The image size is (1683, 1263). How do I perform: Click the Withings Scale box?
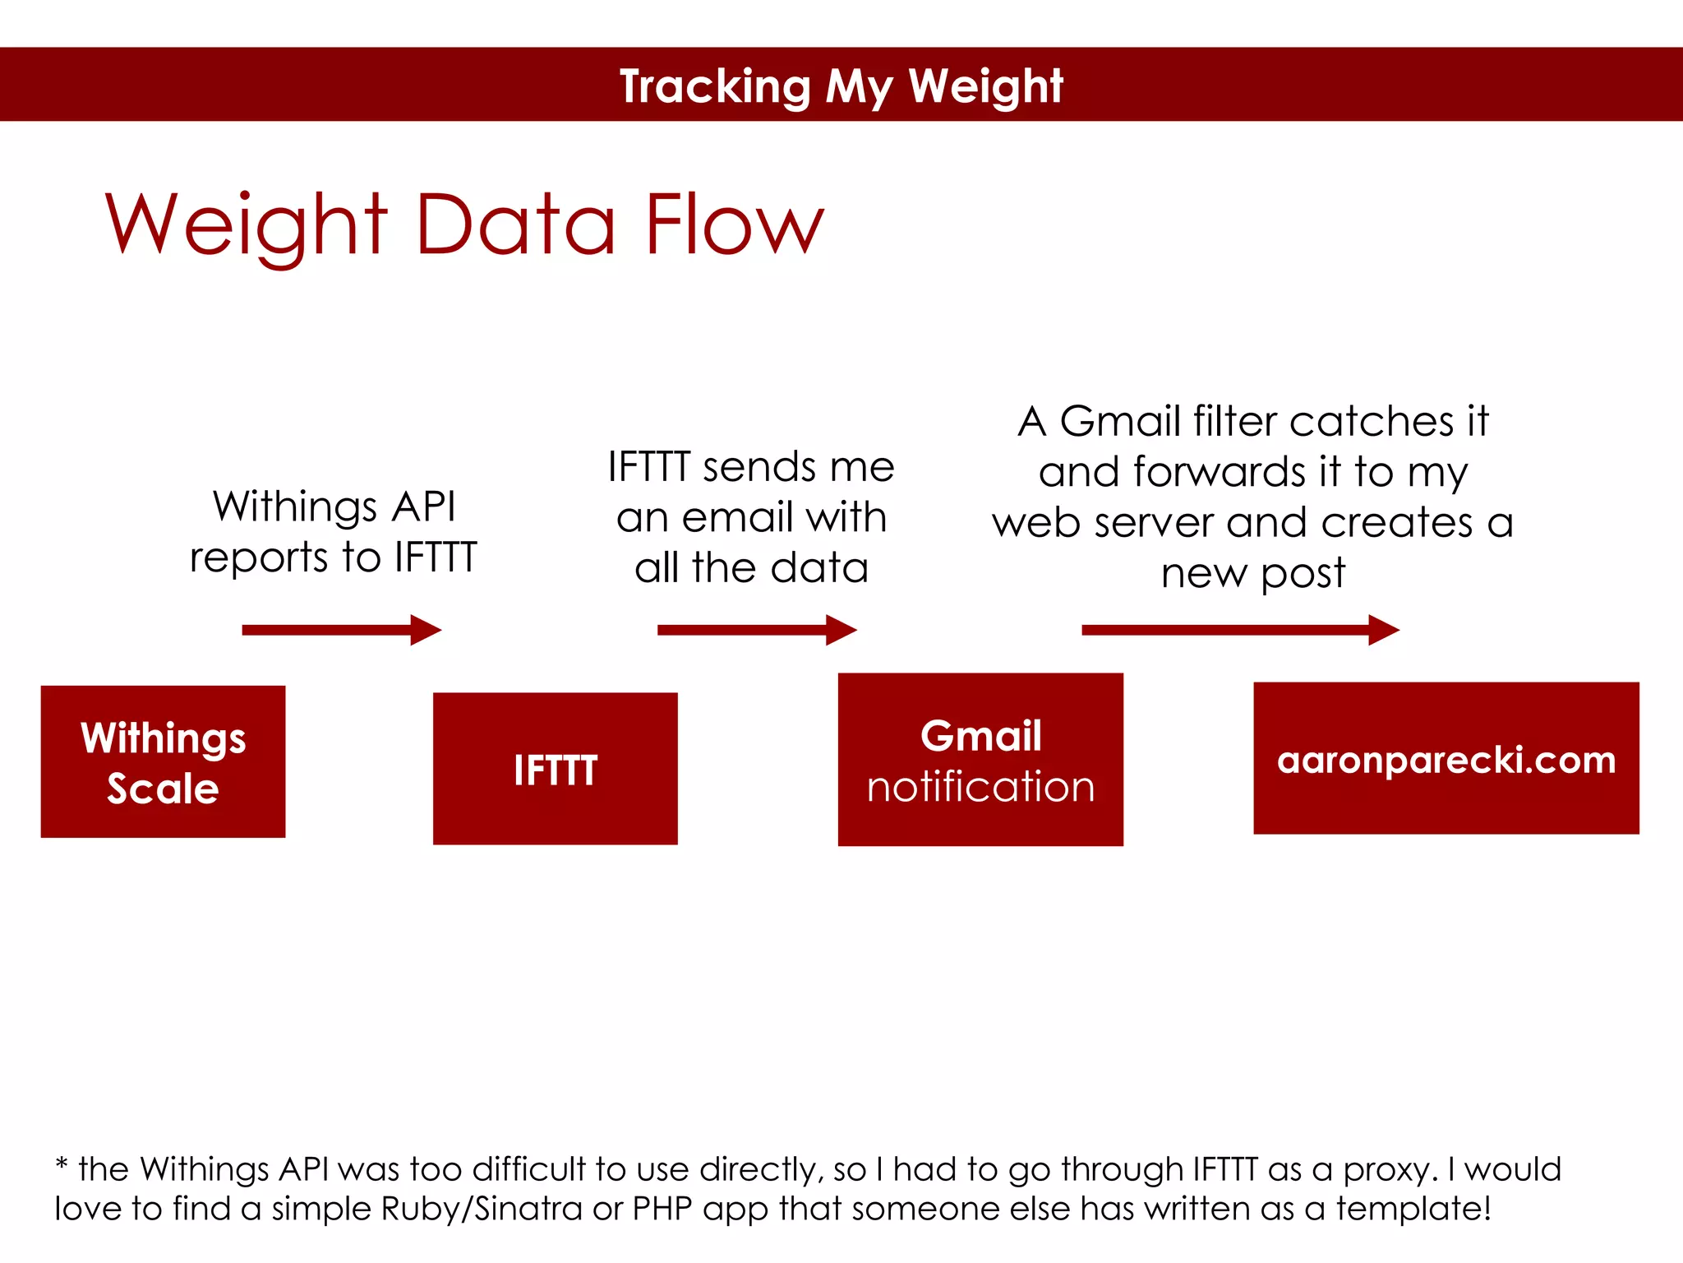coord(163,761)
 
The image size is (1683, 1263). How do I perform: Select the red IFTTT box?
coord(555,768)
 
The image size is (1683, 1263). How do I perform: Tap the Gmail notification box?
coord(980,759)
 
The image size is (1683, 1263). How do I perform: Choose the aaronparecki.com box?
coord(1446,758)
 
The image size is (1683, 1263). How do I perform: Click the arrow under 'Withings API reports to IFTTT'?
coord(341,630)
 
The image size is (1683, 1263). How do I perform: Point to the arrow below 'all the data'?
coord(756,630)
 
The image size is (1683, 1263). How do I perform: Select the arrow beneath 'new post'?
coord(1239,630)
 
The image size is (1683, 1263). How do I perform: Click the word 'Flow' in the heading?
coord(733,224)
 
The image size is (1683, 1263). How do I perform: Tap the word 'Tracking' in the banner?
coord(715,86)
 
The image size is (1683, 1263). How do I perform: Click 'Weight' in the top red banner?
coord(985,86)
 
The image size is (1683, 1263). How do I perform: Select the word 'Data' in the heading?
coord(516,224)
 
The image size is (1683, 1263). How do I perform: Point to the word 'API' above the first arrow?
coord(423,506)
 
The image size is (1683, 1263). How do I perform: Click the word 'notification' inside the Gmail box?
coord(980,787)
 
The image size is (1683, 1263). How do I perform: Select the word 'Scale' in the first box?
coord(163,789)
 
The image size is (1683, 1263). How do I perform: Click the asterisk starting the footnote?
coord(62,1166)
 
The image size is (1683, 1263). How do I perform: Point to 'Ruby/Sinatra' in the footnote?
coord(481,1209)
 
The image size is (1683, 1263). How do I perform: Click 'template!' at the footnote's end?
coord(1413,1209)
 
